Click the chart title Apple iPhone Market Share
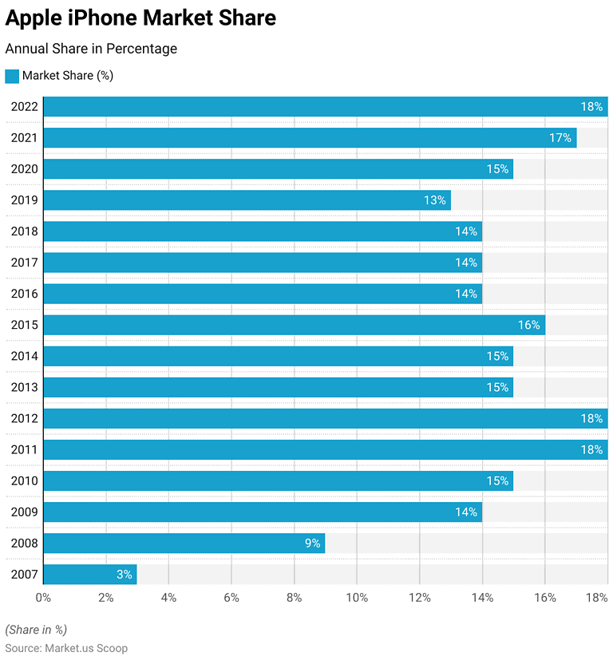click(140, 18)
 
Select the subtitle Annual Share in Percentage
click(91, 49)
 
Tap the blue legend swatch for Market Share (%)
click(12, 76)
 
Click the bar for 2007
click(89, 574)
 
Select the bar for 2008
click(184, 543)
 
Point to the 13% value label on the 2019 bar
click(434, 200)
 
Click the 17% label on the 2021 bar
click(560, 138)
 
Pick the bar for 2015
click(294, 325)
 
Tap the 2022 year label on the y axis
click(24, 107)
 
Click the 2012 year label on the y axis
click(24, 418)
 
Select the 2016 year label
click(24, 294)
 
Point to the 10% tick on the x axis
click(357, 597)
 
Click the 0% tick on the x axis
click(43, 597)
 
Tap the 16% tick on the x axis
click(545, 597)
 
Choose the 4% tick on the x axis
click(168, 597)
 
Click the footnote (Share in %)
click(36, 629)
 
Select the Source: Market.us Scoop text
click(66, 648)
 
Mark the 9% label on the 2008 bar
click(311, 543)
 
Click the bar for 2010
click(278, 480)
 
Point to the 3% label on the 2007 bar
click(123, 575)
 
